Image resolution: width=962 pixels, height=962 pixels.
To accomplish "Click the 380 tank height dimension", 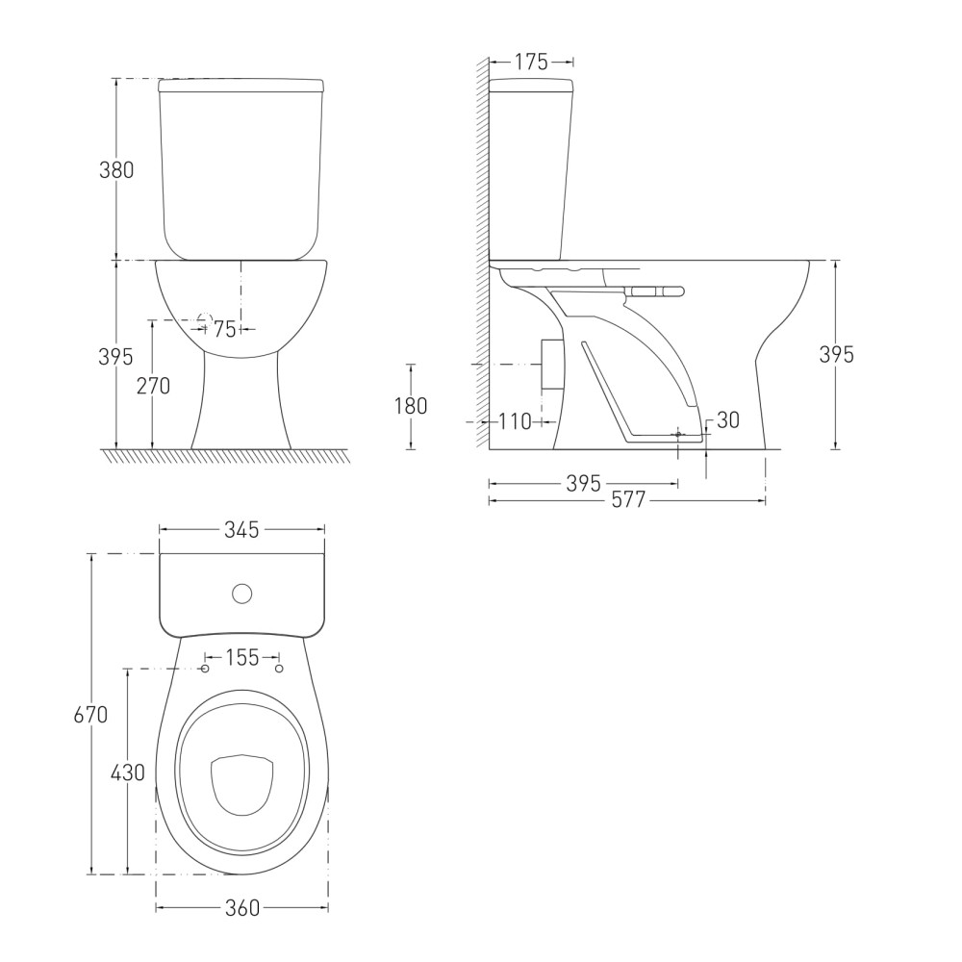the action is click(116, 170).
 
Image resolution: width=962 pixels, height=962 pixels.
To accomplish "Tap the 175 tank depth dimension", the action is click(531, 62).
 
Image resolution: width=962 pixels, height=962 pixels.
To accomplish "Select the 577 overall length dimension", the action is click(629, 500).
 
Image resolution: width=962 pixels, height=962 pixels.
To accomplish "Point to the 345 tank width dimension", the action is click(241, 529).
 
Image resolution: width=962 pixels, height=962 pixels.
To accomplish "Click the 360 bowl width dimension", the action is click(242, 908).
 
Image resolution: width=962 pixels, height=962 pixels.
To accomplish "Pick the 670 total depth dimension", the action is click(90, 715).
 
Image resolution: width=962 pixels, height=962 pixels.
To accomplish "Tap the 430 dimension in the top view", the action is click(128, 772).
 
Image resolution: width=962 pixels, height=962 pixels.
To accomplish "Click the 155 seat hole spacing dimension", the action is click(242, 658).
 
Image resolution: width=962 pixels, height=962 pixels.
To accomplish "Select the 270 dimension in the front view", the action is click(153, 386).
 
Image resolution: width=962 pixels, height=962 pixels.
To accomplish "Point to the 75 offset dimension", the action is click(224, 329).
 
